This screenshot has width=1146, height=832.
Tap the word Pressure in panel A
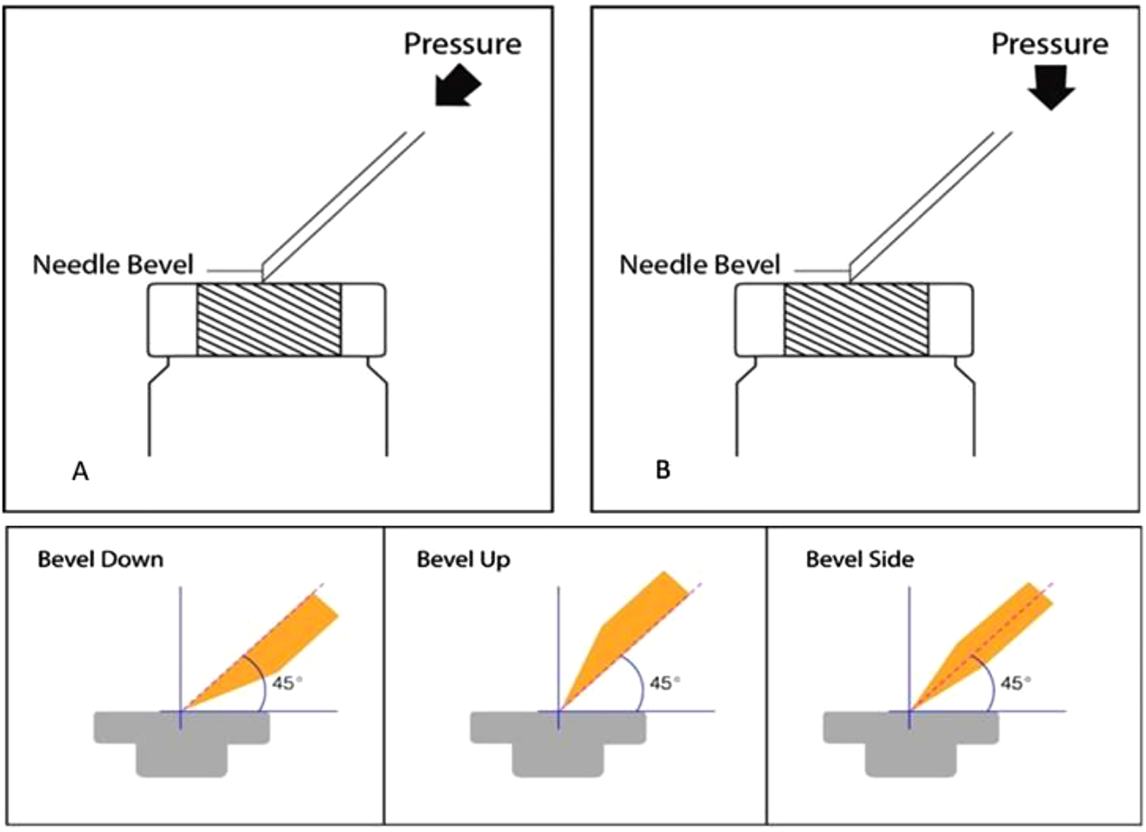462,43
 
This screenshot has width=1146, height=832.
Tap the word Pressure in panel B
1049,43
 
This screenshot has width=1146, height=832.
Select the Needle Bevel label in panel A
113,264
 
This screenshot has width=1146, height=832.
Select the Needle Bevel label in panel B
700,264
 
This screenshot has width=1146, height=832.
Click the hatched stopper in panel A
268,319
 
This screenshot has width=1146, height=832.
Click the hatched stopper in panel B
856,319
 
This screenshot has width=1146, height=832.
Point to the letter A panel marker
80,471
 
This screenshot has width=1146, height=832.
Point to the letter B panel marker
663,471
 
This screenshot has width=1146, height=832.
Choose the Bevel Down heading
100,559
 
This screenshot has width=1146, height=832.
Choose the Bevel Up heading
463,559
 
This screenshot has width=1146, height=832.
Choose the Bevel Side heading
859,559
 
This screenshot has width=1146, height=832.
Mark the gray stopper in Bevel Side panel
909,739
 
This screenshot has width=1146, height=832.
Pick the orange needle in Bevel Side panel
978,643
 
